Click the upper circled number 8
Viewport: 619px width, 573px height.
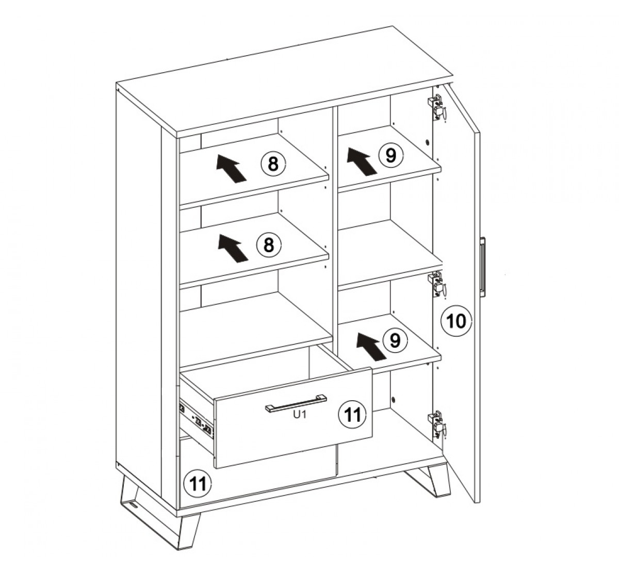273,163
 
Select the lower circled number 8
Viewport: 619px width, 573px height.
269,244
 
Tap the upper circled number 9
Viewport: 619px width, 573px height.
391,155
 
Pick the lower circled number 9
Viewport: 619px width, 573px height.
395,340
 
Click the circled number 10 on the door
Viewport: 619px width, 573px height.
456,321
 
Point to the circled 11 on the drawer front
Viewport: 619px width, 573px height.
352,415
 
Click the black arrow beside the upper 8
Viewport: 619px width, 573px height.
232,168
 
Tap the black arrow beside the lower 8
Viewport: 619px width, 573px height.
233,249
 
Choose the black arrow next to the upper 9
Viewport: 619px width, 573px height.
362,162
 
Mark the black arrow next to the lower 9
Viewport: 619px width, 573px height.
371,347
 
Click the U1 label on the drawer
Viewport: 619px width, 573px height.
300,415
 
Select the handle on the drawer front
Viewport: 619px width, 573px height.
296,403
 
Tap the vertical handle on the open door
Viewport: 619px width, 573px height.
482,266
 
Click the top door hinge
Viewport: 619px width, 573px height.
437,108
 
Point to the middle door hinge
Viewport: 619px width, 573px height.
437,284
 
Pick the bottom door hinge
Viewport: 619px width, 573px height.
437,424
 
